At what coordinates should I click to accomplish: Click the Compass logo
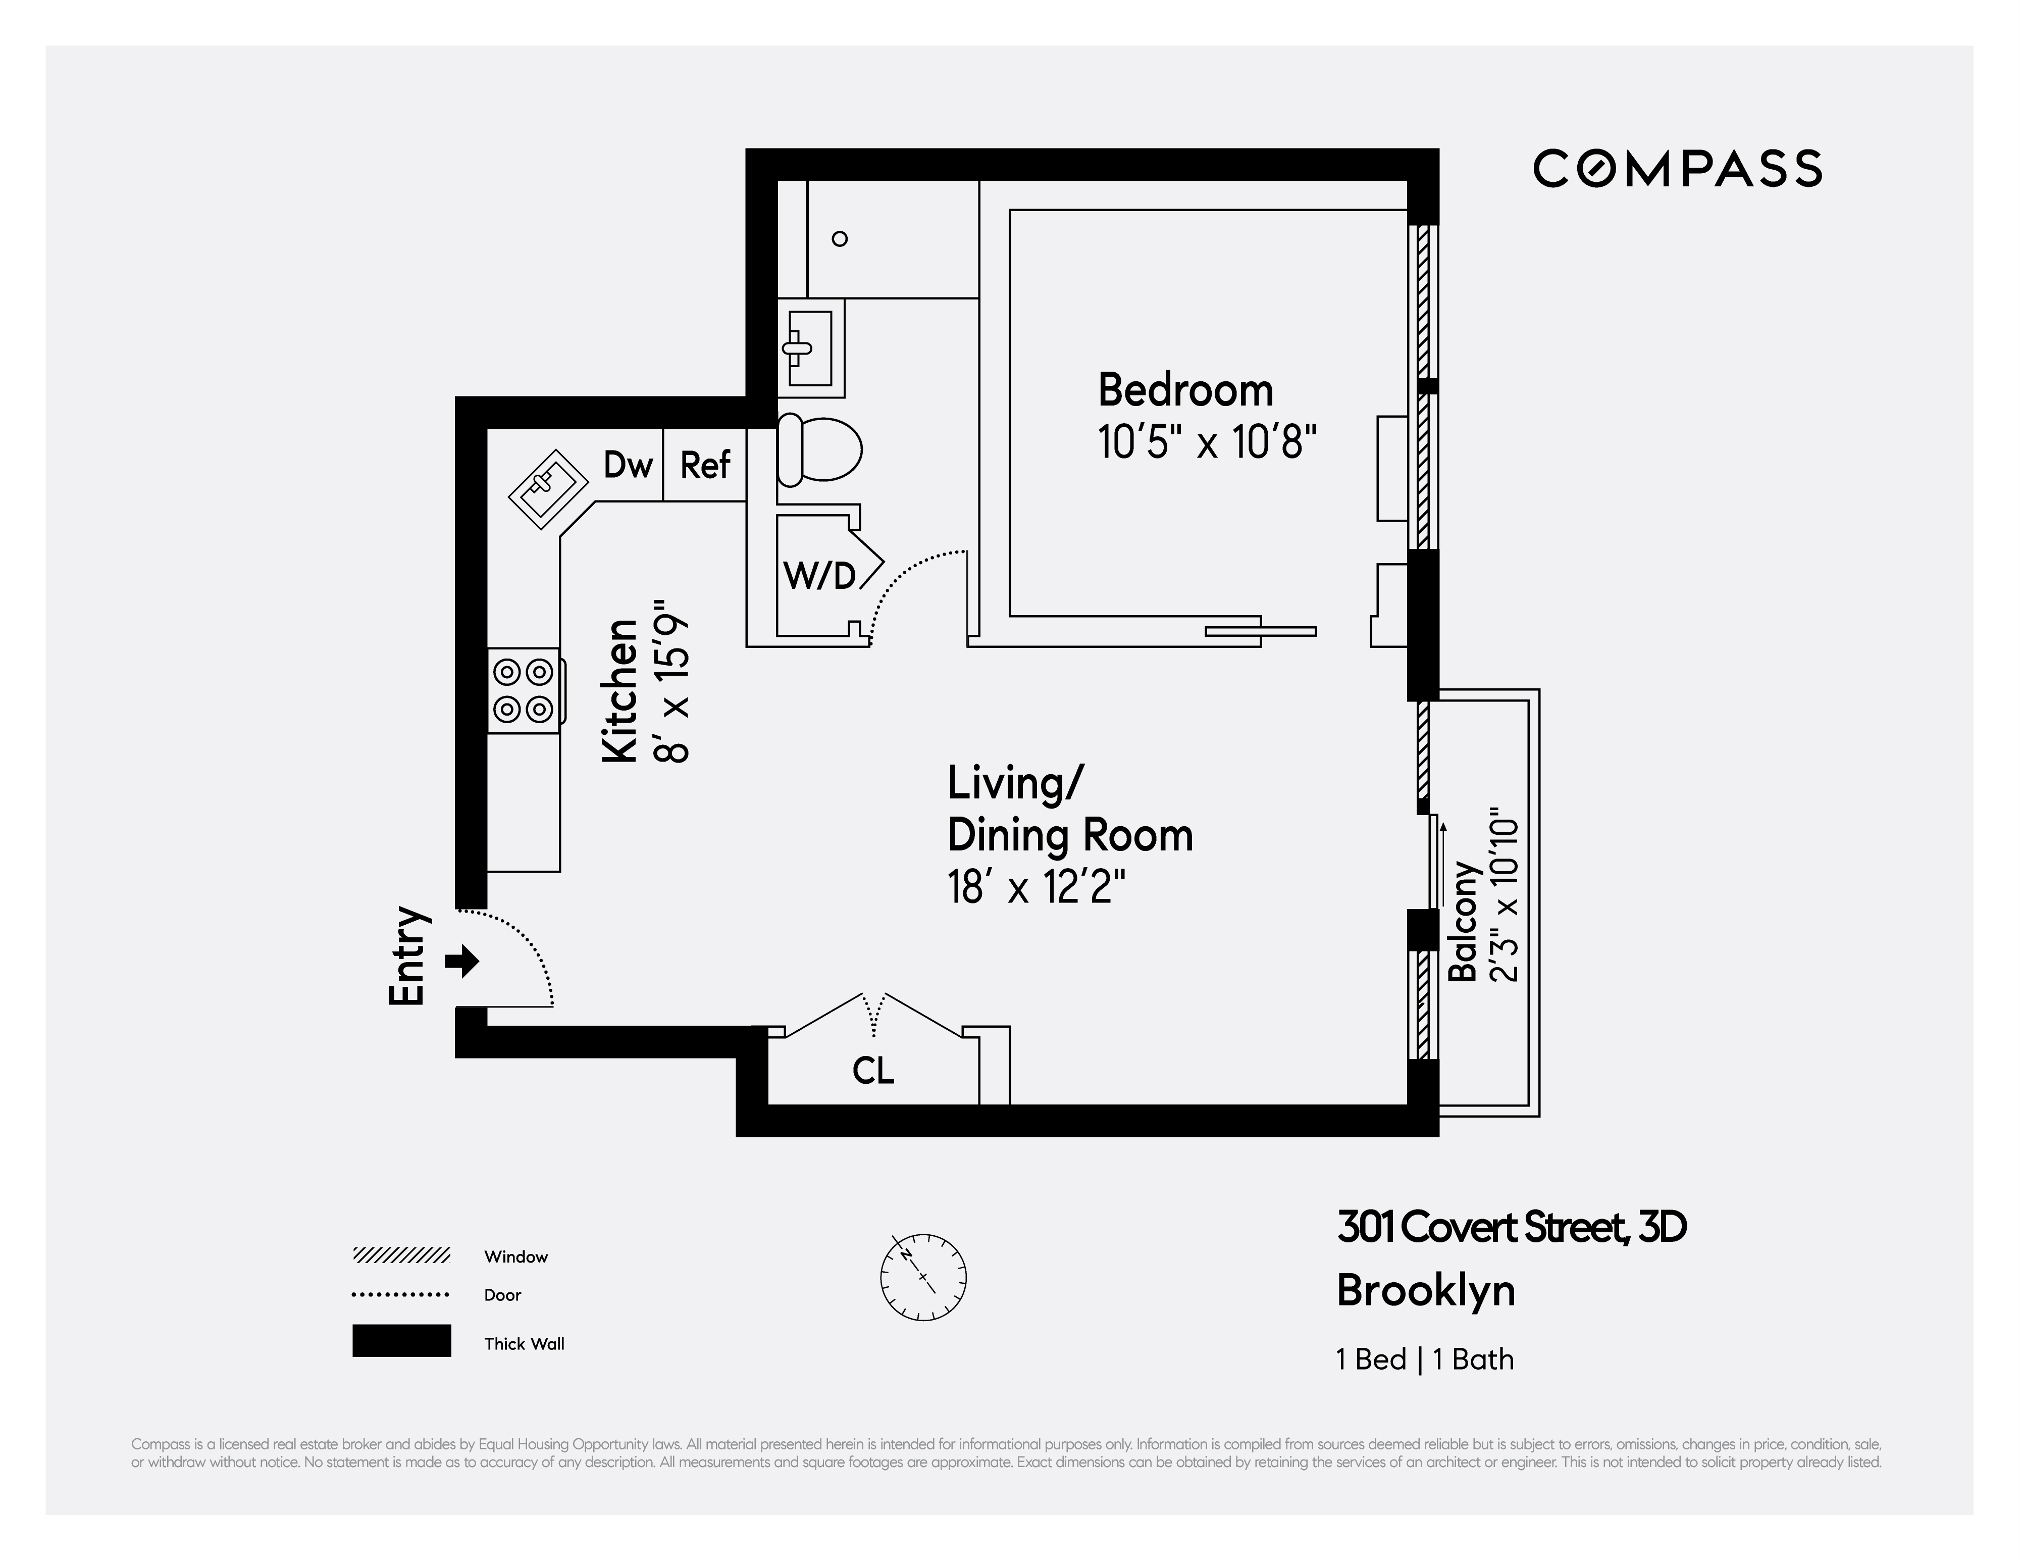[1677, 168]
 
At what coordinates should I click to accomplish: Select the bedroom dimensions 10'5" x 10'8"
[1206, 442]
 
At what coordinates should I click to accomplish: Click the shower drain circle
[840, 239]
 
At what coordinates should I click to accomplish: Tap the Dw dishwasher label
[628, 465]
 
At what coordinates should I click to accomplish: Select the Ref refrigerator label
[705, 465]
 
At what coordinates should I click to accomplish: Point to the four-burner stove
[524, 690]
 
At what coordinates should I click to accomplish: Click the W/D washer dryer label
[819, 576]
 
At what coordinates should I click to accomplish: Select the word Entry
[408, 956]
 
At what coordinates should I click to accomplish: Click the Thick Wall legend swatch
[401, 1341]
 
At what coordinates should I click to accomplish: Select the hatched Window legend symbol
[401, 1255]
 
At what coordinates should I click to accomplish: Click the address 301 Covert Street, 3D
[1511, 1228]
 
